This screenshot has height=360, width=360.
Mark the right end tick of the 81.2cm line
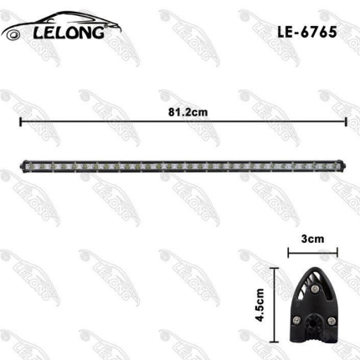pyautogui.click(x=347, y=121)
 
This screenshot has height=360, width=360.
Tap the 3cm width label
pyautogui.click(x=312, y=238)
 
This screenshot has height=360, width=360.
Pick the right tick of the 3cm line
pyautogui.click(x=337, y=249)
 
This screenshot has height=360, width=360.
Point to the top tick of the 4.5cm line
pyautogui.click(x=274, y=267)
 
